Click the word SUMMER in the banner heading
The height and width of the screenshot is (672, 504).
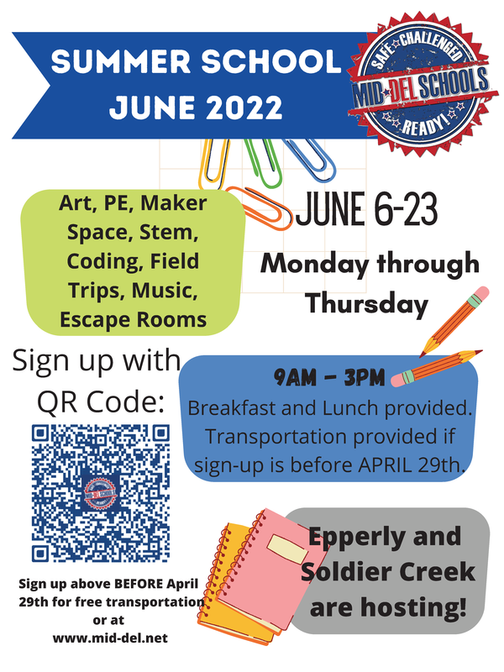tap(121, 61)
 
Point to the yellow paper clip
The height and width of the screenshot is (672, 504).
tap(213, 164)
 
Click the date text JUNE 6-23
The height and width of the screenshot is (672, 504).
tap(367, 209)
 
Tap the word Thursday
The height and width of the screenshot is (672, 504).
tap(367, 304)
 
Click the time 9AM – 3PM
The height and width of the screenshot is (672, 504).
tap(329, 377)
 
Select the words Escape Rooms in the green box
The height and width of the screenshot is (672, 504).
tap(134, 320)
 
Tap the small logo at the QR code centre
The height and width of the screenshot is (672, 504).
tap(100, 492)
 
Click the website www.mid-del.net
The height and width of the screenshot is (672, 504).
tap(110, 638)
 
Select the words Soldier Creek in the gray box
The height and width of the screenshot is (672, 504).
tap(388, 572)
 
